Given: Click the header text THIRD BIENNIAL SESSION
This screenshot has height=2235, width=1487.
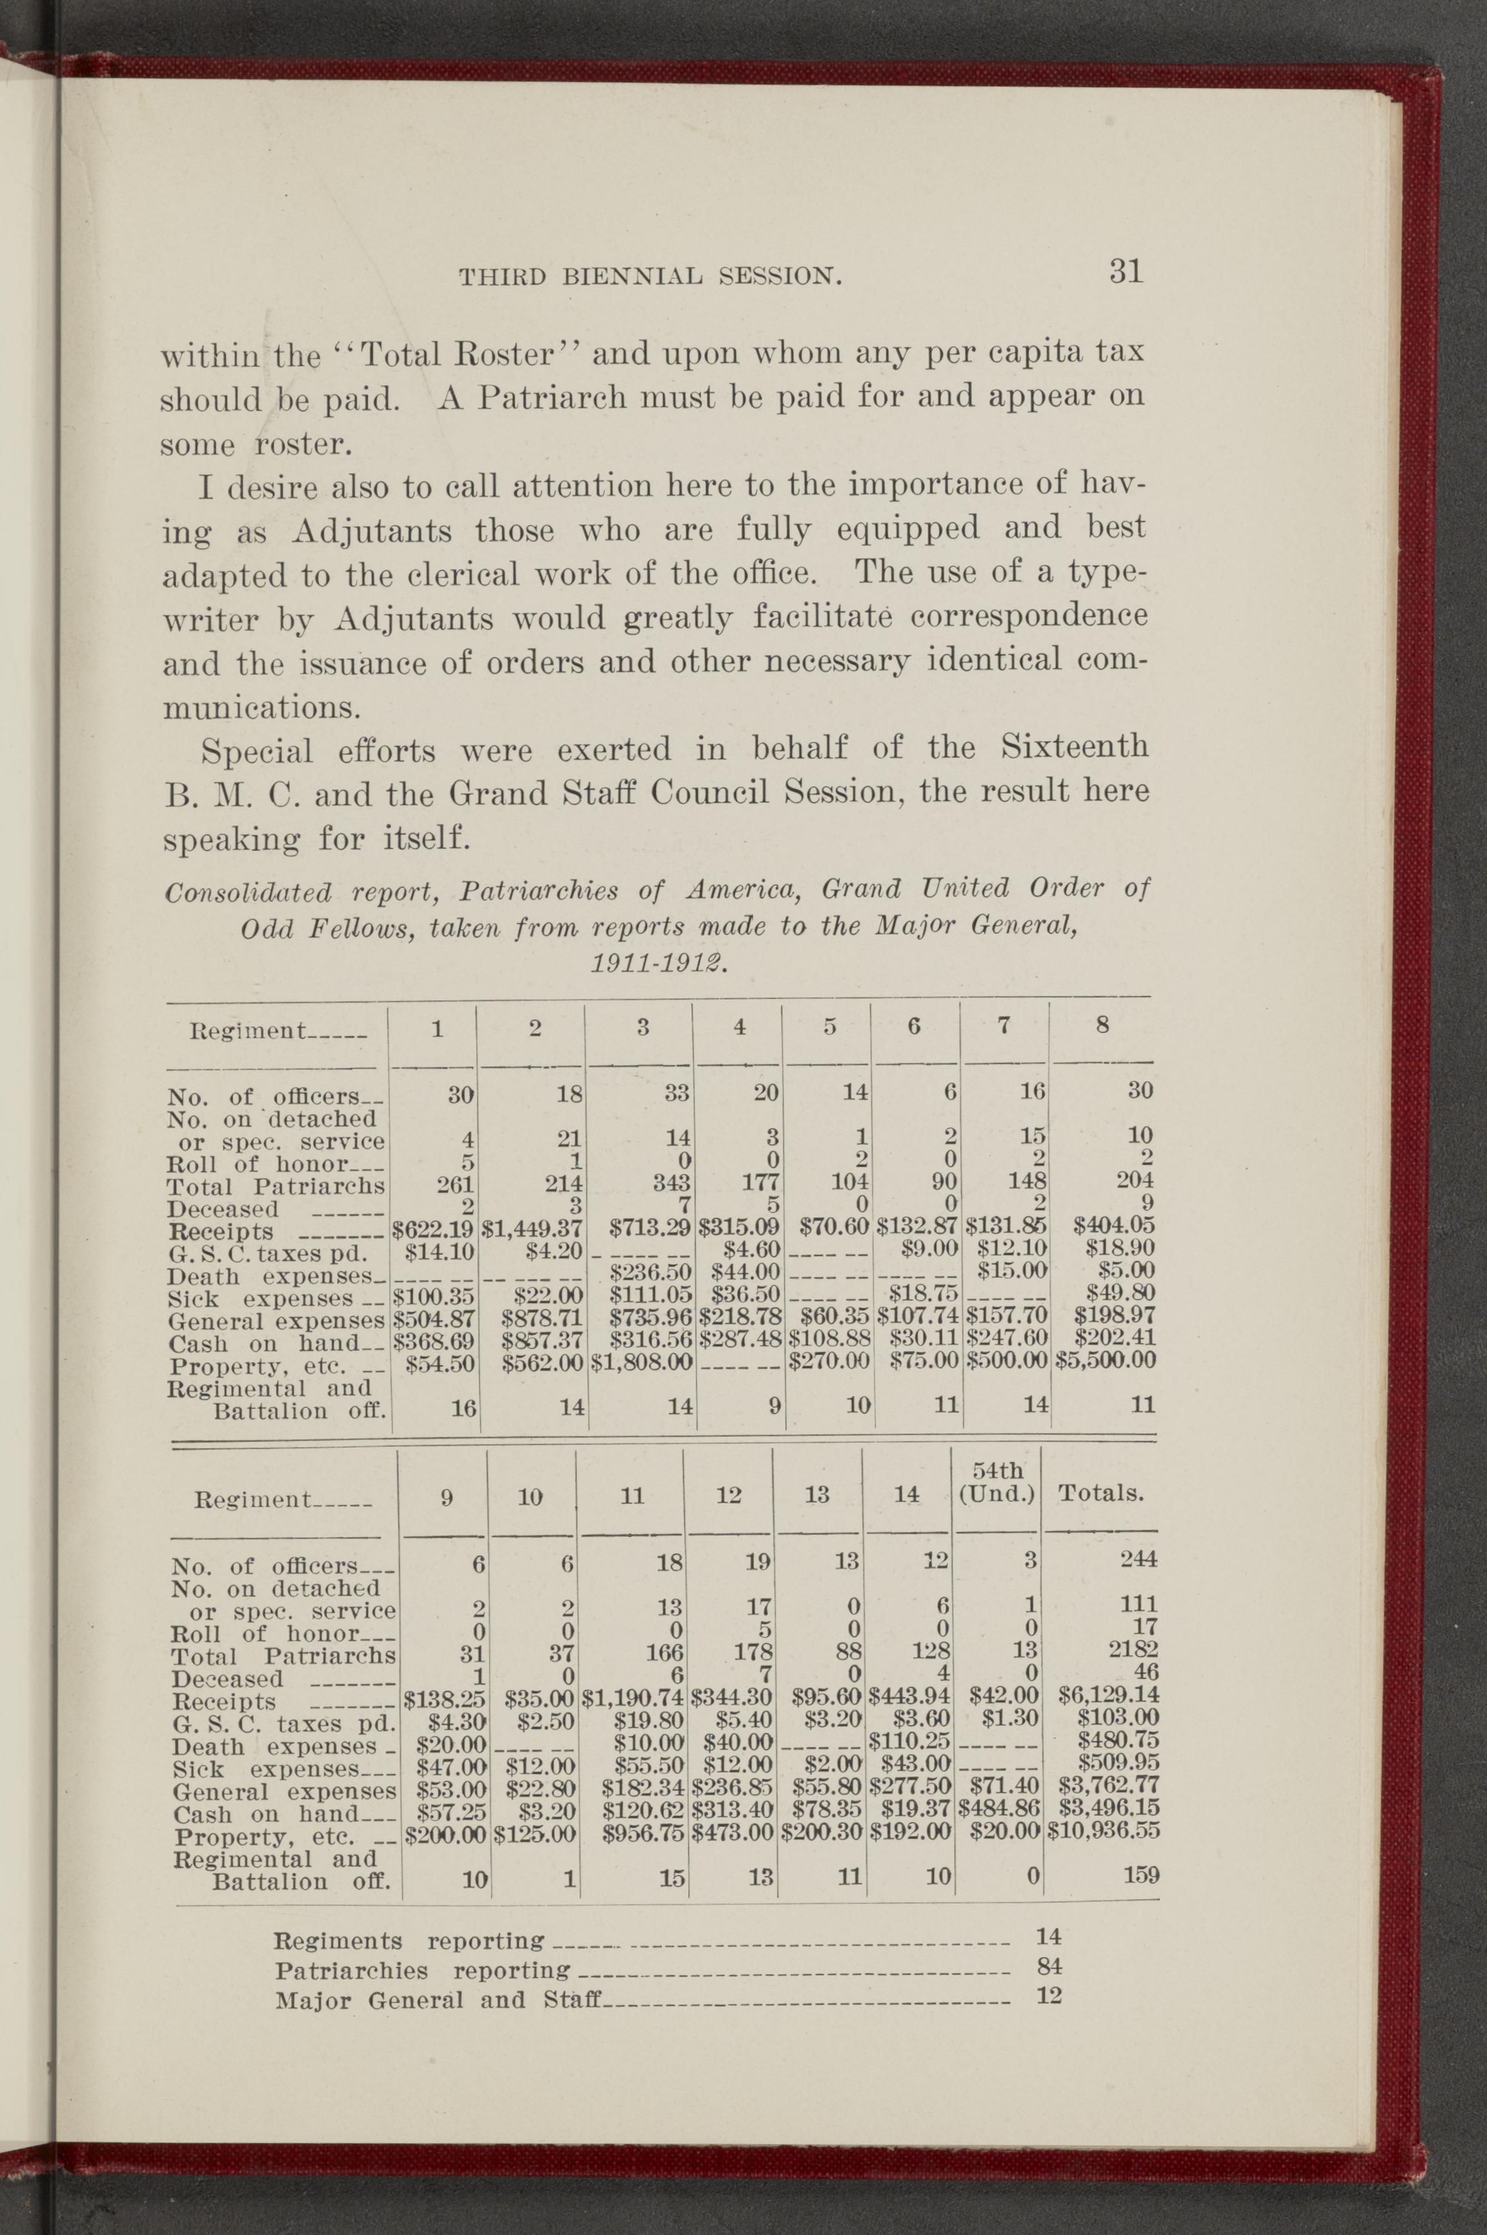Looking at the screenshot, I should [651, 277].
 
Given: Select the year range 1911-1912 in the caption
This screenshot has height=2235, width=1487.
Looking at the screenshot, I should [657, 965].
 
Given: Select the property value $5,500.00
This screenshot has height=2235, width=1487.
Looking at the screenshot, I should [1106, 1359].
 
